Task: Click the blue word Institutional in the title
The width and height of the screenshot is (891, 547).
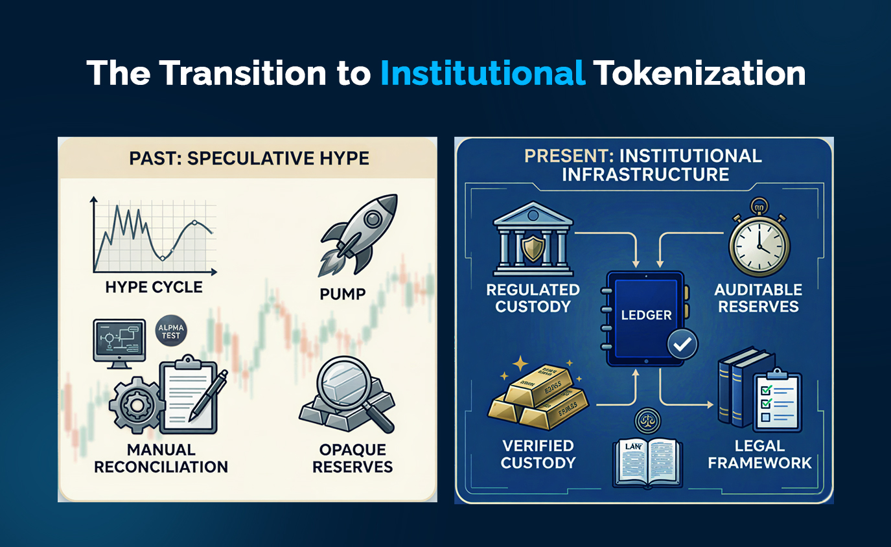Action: click(x=483, y=73)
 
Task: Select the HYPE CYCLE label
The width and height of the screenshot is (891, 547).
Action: click(x=154, y=286)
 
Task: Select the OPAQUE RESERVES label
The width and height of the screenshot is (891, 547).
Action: click(x=353, y=458)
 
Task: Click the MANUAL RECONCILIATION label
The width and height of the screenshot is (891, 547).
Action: click(x=161, y=458)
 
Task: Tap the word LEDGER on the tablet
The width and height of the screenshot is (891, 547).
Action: click(x=646, y=315)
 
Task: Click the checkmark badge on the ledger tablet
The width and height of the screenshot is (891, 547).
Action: click(x=682, y=345)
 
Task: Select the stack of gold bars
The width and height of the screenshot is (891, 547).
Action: click(x=537, y=399)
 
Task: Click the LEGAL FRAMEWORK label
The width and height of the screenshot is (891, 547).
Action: click(x=759, y=454)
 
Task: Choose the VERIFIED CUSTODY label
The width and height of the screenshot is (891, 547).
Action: click(x=538, y=454)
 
